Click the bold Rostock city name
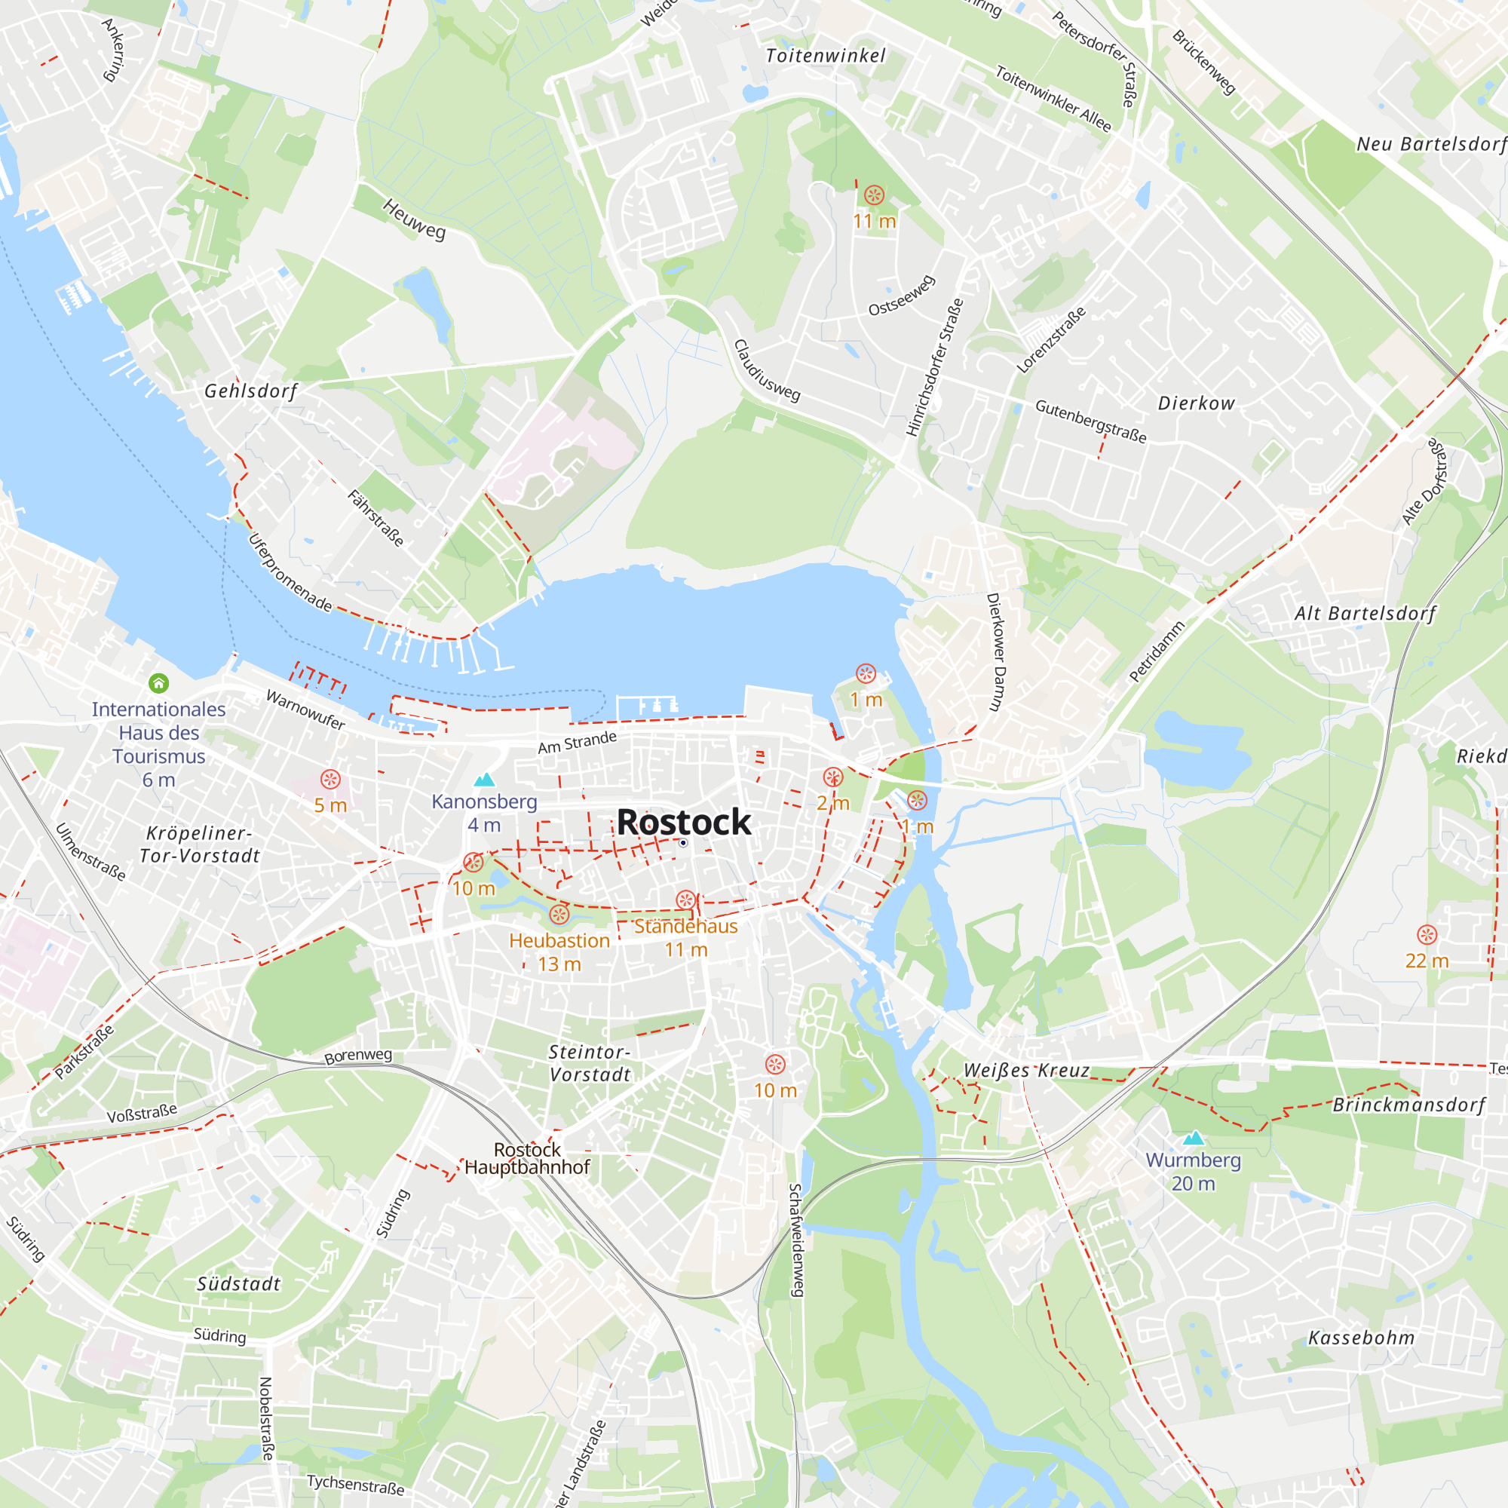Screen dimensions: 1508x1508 point(683,822)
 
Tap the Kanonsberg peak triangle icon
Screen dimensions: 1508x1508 point(485,780)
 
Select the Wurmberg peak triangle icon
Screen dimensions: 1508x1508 point(1194,1138)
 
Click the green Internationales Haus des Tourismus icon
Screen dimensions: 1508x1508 point(158,684)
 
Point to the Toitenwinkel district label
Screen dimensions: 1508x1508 point(825,55)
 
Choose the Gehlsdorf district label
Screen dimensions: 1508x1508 point(250,391)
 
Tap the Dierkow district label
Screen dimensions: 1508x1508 point(1196,403)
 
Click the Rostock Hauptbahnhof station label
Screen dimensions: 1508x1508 point(528,1158)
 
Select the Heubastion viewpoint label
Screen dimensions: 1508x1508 point(559,940)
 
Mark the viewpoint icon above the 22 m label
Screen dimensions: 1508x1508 point(1427,934)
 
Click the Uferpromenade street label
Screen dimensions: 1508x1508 point(290,572)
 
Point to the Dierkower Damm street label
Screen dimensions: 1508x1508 point(995,651)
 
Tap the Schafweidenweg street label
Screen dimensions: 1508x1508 point(795,1240)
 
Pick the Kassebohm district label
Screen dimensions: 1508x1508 point(1361,1338)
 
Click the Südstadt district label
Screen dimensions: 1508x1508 point(238,1284)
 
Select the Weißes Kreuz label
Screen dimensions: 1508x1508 point(1026,1070)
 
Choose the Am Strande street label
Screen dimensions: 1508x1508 point(577,741)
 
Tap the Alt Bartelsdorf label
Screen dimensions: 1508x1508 point(1365,613)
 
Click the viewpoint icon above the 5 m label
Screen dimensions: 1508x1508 point(330,779)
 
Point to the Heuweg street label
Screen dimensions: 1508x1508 point(414,219)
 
